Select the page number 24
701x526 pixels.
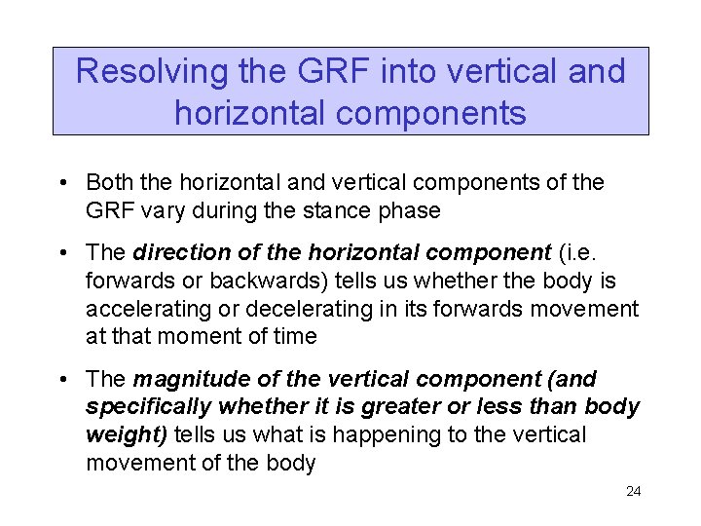(633, 491)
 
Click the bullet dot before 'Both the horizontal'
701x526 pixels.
(61, 183)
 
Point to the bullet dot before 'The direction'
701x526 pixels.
(61, 253)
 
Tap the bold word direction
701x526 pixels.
(172, 253)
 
